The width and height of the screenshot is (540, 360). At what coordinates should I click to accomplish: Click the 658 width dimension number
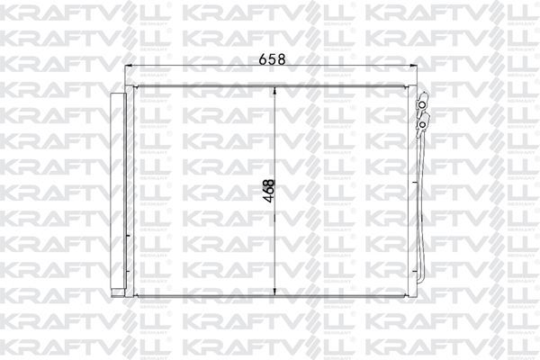[272, 60]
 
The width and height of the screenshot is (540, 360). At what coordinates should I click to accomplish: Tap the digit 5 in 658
[272, 60]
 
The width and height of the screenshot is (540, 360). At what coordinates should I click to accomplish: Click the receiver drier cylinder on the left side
[115, 193]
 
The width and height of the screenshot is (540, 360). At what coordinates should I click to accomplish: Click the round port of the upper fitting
[419, 106]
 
